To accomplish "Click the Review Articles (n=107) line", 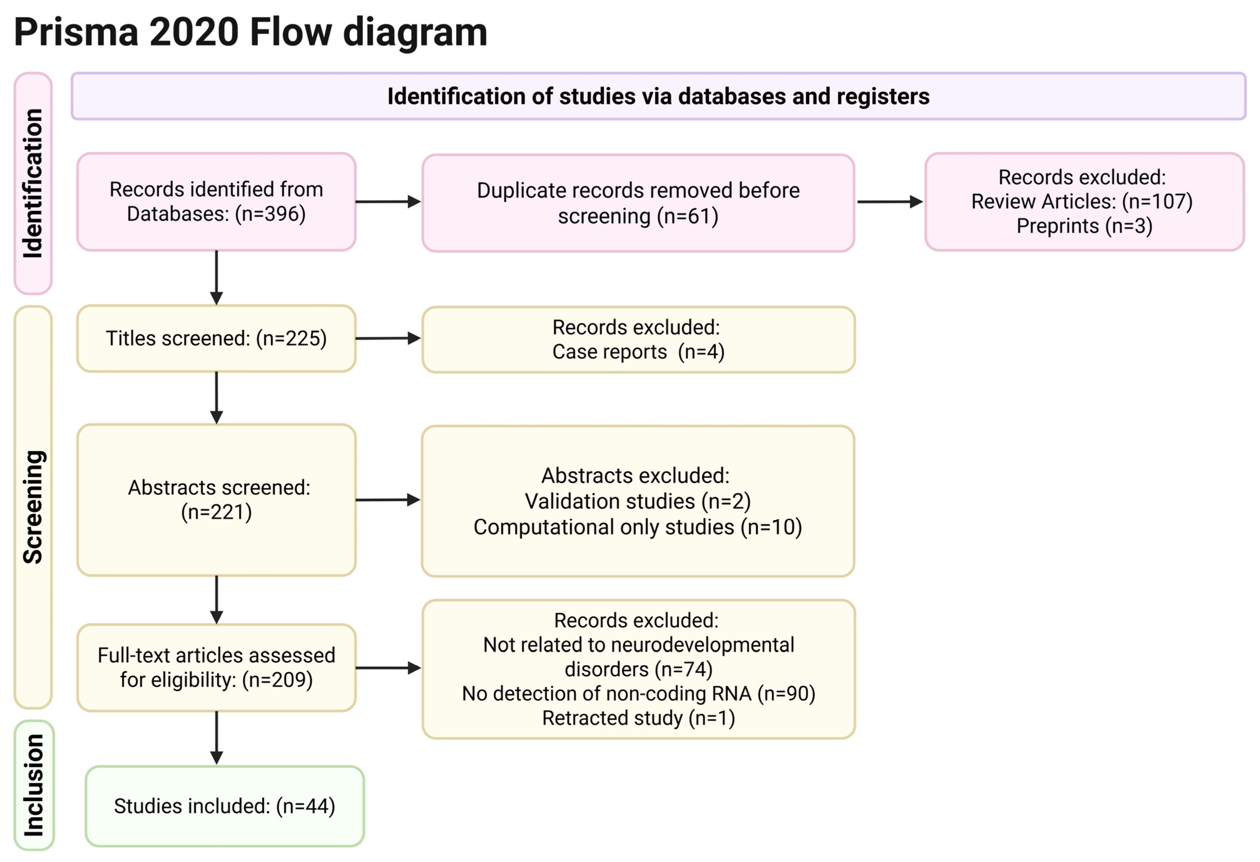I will tap(1081, 202).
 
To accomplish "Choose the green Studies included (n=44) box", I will tap(224, 806).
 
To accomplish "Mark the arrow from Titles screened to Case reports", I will tap(388, 338).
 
